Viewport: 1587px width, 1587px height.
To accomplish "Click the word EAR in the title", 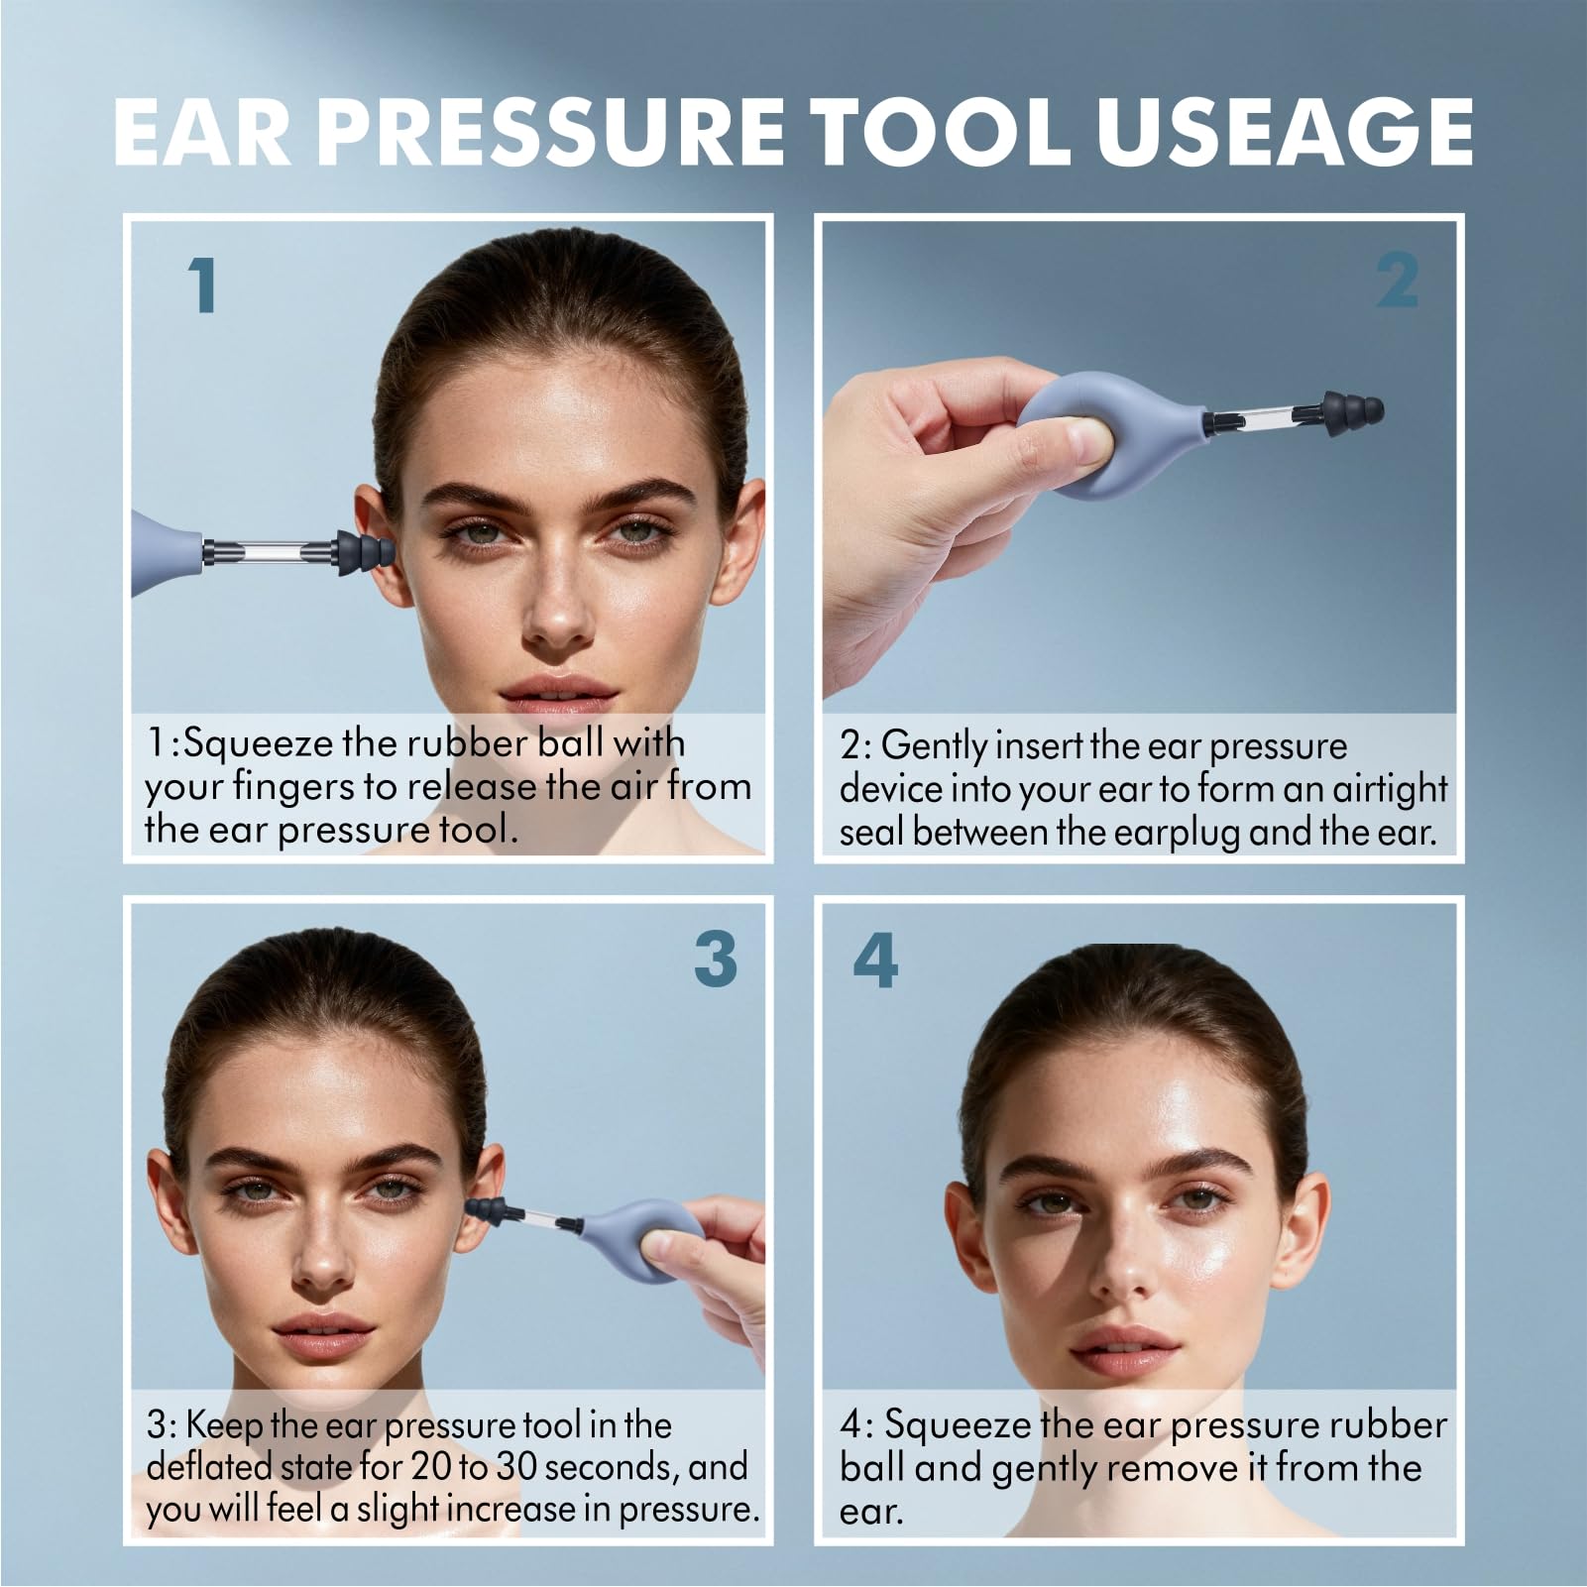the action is (x=202, y=130).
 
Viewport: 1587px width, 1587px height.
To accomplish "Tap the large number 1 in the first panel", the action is (x=203, y=285).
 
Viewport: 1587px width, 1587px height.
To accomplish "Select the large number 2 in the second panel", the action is (x=1397, y=281).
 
